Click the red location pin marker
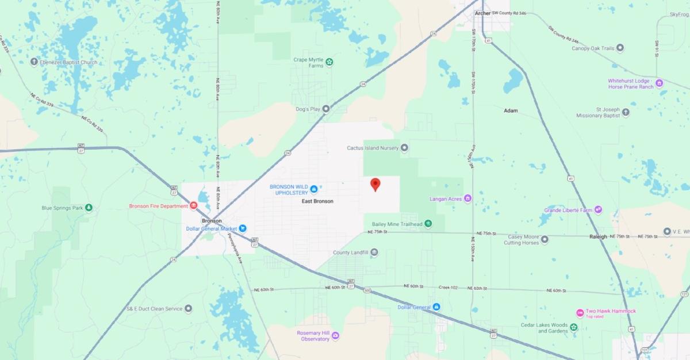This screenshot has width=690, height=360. click(375, 184)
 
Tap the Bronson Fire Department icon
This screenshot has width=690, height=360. click(194, 206)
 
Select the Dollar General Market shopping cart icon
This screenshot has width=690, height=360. click(243, 228)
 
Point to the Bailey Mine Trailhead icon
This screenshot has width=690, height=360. click(428, 224)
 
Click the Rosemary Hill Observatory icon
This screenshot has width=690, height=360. click(335, 335)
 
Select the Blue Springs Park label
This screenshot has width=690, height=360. click(63, 208)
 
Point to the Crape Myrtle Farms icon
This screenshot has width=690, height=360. click(329, 62)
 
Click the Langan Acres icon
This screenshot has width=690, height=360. click(467, 199)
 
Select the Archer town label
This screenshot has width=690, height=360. click(482, 13)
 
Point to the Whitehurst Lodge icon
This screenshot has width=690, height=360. click(659, 83)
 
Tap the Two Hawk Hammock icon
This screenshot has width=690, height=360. click(580, 313)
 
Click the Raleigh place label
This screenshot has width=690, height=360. click(598, 237)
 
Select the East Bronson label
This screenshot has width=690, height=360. click(318, 201)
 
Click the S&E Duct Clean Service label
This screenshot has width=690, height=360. click(154, 309)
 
